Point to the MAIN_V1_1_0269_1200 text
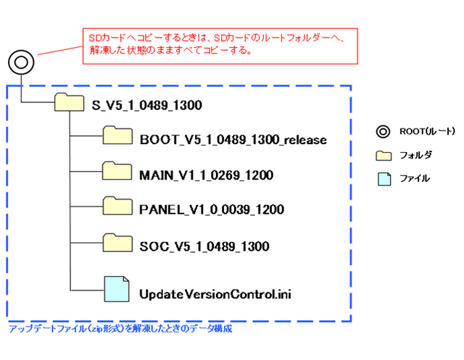(x=205, y=175)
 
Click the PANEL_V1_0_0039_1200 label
(x=210, y=210)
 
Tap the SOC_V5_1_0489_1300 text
(x=204, y=246)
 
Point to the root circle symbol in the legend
(x=381, y=132)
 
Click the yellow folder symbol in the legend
(x=382, y=155)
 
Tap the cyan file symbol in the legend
(x=382, y=178)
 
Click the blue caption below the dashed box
(x=120, y=328)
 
